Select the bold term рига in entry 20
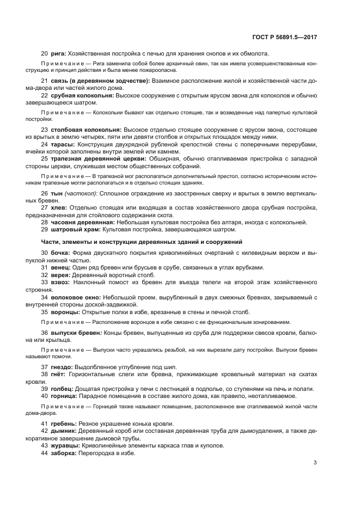click(58, 53)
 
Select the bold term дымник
click(64, 431)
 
